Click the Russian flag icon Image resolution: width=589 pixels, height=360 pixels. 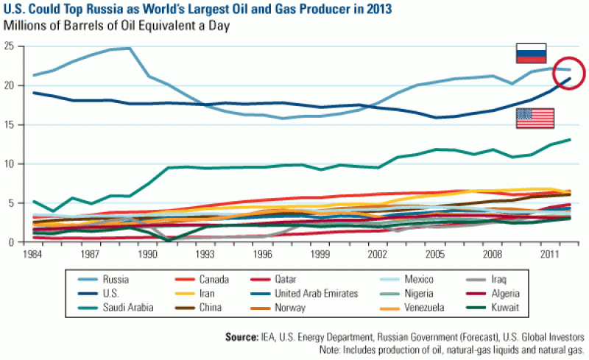pyautogui.click(x=531, y=54)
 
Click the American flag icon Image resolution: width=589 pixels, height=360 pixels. pyautogui.click(x=535, y=118)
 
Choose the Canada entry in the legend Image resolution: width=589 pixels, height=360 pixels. pyautogui.click(x=212, y=280)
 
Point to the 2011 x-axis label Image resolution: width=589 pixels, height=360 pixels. pyautogui.click(x=548, y=253)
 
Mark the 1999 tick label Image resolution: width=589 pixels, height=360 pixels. pyautogui.click(x=320, y=253)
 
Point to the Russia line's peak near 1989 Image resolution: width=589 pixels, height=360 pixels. pyautogui.click(x=129, y=49)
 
